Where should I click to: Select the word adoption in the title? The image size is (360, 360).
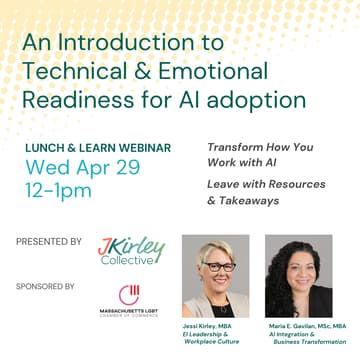pyautogui.click(x=254, y=100)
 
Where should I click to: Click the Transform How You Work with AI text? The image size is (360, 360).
pyautogui.click(x=260, y=155)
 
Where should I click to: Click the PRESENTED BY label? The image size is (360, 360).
pyautogui.click(x=49, y=241)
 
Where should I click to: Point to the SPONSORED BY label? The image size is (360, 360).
pyautogui.click(x=45, y=286)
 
